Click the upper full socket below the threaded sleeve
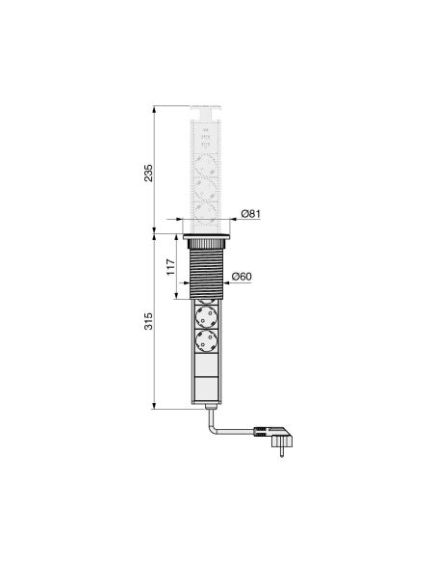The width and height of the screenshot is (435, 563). (208, 314)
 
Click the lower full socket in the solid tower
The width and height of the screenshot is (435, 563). (208, 343)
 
